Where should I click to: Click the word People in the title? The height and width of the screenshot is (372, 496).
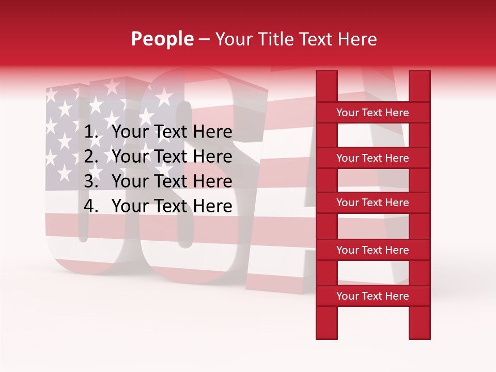162,39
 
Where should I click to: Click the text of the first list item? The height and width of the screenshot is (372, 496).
172,133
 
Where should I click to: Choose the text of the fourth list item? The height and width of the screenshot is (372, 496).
172,207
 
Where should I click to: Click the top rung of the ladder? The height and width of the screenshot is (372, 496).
373,113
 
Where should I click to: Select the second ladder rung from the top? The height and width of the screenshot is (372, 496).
373,158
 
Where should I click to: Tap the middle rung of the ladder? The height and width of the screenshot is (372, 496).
373,203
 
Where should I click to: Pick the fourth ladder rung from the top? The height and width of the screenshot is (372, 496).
373,250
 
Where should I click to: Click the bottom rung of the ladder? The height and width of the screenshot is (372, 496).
373,296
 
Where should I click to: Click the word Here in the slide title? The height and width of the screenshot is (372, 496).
358,39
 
